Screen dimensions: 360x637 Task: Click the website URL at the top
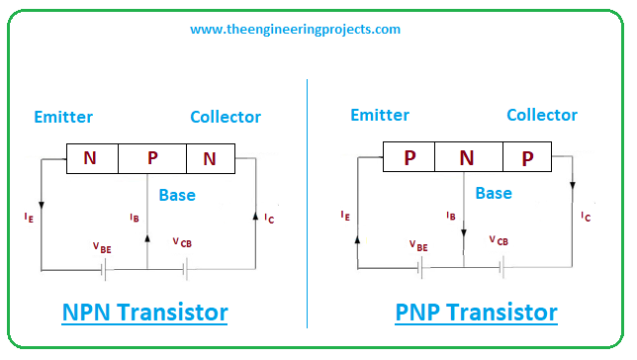[x=295, y=30]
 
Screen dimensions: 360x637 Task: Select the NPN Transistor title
[x=144, y=314]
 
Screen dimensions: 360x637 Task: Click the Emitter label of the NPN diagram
[x=62, y=117]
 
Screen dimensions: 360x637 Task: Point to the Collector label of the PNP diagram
[x=542, y=115]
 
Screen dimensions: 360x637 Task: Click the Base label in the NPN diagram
[x=177, y=195]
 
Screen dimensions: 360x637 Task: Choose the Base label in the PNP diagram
[x=494, y=193]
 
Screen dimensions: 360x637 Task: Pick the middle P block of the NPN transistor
[x=152, y=158]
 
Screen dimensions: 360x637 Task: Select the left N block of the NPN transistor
[x=91, y=158]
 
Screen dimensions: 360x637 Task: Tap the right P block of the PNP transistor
[x=528, y=156]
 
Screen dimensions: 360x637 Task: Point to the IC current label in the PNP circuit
[x=587, y=216]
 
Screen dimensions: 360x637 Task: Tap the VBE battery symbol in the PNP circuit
[x=422, y=267]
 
